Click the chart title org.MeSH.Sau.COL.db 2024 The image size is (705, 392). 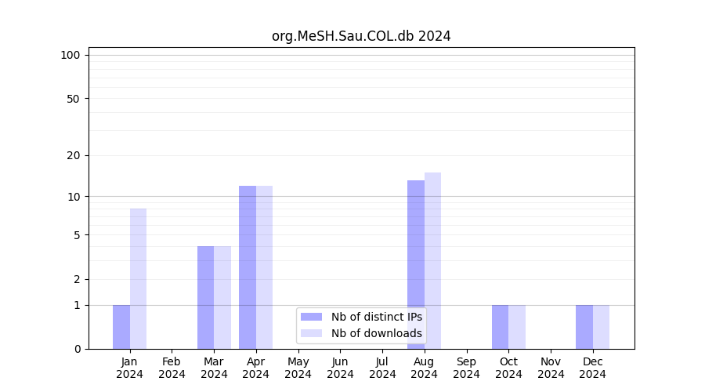(361, 36)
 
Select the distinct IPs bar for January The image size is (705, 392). (121, 327)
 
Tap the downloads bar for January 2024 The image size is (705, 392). (139, 279)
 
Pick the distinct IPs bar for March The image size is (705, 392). (206, 298)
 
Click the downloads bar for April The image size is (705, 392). (265, 267)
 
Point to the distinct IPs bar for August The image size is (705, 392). (416, 265)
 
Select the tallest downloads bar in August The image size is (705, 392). (433, 261)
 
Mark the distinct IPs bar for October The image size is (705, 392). (501, 327)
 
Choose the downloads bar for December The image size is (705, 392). (602, 327)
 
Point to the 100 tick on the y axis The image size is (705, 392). (70, 55)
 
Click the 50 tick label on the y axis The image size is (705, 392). (73, 99)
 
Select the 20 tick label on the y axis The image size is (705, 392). (73, 155)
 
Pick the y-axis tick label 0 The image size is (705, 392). (77, 349)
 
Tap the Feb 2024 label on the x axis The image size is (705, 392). (172, 368)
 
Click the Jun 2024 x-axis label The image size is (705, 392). (340, 368)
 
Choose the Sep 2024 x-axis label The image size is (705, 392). (466, 368)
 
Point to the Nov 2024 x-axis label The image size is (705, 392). (551, 368)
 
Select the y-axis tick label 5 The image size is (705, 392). (77, 235)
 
